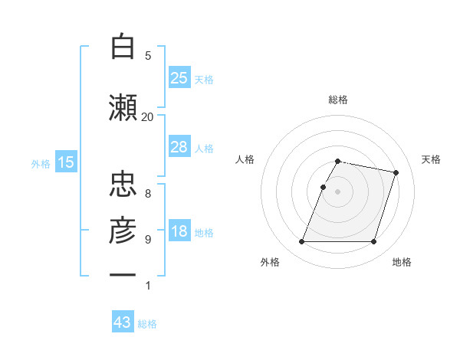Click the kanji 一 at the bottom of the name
point(123,275)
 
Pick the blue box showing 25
point(179,78)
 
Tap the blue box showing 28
point(179,147)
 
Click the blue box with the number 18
point(179,232)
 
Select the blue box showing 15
point(65,162)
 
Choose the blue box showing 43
point(123,323)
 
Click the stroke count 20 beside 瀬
point(147,116)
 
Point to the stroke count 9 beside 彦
point(148,240)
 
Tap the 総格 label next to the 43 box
point(148,324)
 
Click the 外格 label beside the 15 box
point(41,163)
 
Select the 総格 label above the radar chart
point(338,100)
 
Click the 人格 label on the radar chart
point(245,159)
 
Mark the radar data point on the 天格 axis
point(396,173)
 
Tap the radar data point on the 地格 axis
point(374,242)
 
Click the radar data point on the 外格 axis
point(302,242)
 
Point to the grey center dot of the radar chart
point(338,191)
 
